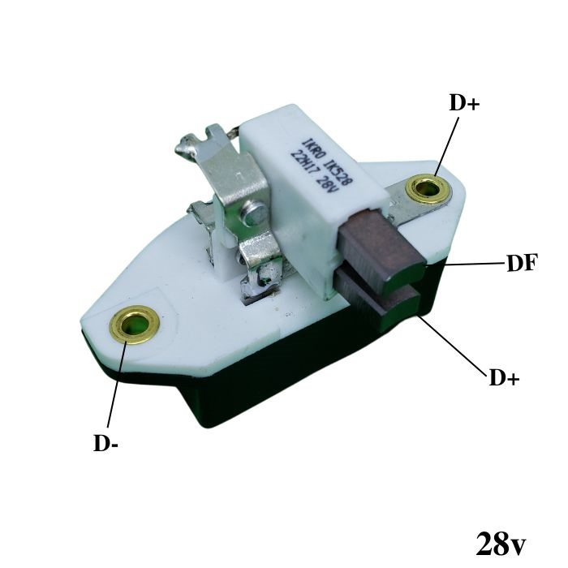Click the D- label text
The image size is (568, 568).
pyautogui.click(x=105, y=443)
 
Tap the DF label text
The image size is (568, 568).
pyautogui.click(x=522, y=263)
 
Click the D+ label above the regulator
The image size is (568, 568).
pyautogui.click(x=464, y=103)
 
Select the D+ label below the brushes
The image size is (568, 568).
pyautogui.click(x=504, y=377)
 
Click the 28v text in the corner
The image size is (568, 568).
pyautogui.click(x=501, y=544)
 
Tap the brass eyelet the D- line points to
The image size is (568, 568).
pyautogui.click(x=135, y=325)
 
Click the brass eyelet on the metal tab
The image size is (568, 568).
pyautogui.click(x=428, y=189)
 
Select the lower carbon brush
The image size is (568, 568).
pyautogui.click(x=377, y=297)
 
